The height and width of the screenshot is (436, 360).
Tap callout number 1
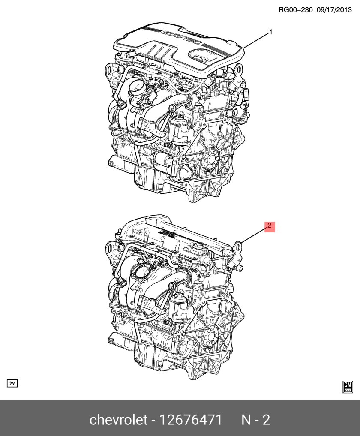coord(270,32)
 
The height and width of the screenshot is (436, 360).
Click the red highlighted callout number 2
coord(270,226)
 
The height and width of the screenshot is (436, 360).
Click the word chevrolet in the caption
coord(118,419)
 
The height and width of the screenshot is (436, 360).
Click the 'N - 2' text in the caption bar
coord(256,419)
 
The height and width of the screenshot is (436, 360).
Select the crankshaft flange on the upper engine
coord(210,160)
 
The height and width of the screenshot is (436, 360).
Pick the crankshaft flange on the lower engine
coord(210,335)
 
